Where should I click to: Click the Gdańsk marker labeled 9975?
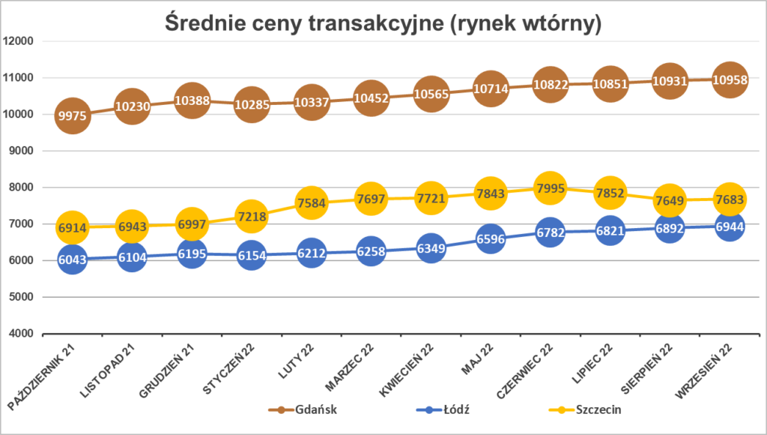[x=72, y=115]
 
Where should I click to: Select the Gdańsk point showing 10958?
[x=730, y=79]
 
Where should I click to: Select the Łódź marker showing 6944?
[x=730, y=225]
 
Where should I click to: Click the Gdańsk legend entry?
[x=297, y=409]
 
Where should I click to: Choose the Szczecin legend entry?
[x=584, y=409]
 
